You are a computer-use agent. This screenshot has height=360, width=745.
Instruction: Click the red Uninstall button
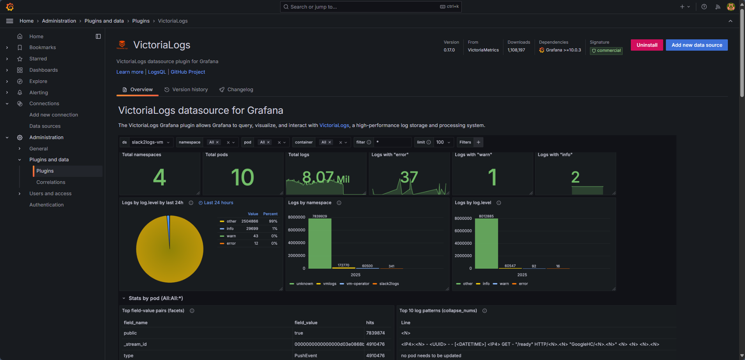(x=646, y=45)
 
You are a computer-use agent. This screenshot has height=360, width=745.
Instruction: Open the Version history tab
(x=190, y=90)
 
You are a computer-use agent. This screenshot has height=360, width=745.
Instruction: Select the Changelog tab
(x=240, y=90)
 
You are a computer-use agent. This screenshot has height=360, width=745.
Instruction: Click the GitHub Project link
(x=188, y=72)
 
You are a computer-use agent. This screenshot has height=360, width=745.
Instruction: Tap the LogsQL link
(x=157, y=72)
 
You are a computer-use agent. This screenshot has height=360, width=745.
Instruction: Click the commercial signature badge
(x=606, y=51)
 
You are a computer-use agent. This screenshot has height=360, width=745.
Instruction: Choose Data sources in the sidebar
(x=45, y=126)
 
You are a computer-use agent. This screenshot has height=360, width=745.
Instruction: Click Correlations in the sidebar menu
(x=51, y=182)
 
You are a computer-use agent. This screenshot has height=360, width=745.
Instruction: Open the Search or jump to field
(x=370, y=7)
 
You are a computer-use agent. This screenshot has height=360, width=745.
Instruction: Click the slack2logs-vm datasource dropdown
(x=150, y=142)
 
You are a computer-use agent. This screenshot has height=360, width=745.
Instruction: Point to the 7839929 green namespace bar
(x=320, y=244)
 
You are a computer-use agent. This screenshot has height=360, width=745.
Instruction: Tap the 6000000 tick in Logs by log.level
(x=463, y=231)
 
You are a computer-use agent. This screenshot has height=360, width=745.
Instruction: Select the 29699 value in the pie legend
(x=252, y=229)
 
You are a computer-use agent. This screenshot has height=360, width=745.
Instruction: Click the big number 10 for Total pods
(x=242, y=177)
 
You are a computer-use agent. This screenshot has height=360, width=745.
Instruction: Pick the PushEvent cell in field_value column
(x=305, y=356)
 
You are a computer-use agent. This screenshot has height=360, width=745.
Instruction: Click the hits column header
(x=370, y=323)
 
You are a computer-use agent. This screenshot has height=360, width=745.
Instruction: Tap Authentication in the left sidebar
(x=46, y=205)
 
